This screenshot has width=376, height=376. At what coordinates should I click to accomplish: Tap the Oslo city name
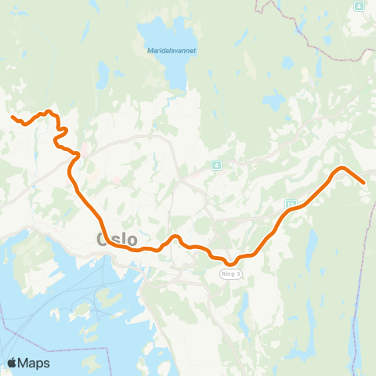point(116,239)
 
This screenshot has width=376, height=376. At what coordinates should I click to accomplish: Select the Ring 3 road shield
point(231,274)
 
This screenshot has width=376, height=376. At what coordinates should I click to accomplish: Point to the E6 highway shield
point(291,204)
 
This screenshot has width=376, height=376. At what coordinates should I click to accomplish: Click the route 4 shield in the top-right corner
point(359,6)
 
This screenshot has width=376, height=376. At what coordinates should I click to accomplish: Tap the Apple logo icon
point(13,363)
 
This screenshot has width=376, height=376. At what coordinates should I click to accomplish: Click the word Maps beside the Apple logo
point(35,363)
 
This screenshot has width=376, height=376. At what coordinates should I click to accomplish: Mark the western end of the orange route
point(13,117)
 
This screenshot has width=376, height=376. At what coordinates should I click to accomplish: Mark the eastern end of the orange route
point(364,183)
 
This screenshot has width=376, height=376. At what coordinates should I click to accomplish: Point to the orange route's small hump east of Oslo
point(176,237)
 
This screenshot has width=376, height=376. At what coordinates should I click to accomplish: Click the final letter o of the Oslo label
point(131,239)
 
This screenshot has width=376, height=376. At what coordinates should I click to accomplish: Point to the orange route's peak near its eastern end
point(341,168)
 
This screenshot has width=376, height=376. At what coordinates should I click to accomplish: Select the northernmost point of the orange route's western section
point(49,111)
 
